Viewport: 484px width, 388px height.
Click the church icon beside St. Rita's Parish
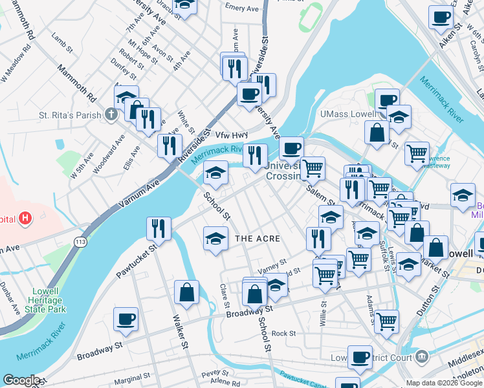click(x=111, y=115)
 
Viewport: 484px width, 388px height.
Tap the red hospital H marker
click(x=25, y=219)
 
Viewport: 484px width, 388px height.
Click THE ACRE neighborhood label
click(x=258, y=239)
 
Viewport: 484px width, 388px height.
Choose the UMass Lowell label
click(x=348, y=114)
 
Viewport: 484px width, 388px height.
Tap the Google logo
click(x=21, y=380)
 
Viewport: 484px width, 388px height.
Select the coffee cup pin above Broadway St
click(x=126, y=319)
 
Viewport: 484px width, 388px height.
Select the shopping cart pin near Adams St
click(x=386, y=321)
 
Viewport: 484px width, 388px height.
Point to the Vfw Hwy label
click(x=232, y=135)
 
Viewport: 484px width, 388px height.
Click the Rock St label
click(x=283, y=334)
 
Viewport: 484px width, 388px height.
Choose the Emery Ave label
click(x=242, y=8)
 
